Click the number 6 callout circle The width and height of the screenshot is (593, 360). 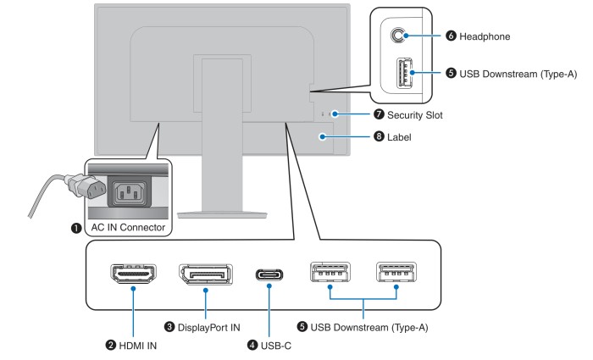[x=451, y=36]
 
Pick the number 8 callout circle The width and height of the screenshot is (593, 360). [x=379, y=136]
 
